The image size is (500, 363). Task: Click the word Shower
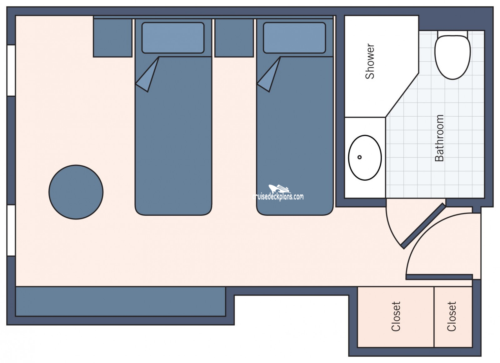(x=370, y=61)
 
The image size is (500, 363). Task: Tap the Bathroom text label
(x=439, y=138)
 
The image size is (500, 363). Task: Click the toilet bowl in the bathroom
(x=452, y=57)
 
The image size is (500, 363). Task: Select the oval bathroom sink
(x=365, y=158)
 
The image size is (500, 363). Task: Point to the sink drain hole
(x=359, y=157)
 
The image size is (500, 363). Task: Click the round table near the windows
(x=76, y=192)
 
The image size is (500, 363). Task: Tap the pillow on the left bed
(x=173, y=38)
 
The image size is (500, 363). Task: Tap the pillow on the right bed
(x=294, y=38)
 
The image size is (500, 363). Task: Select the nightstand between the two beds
(x=234, y=38)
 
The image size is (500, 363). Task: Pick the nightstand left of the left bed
(x=113, y=38)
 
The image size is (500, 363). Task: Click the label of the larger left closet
(x=396, y=316)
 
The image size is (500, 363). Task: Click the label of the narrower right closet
(x=451, y=316)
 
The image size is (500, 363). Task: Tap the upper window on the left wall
(x=11, y=71)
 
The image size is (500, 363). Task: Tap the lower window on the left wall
(x=11, y=230)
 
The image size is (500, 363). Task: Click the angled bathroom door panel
(x=423, y=226)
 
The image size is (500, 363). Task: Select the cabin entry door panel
(x=439, y=277)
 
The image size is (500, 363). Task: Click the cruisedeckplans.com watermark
(x=278, y=193)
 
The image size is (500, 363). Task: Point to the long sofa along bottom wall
(x=121, y=302)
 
